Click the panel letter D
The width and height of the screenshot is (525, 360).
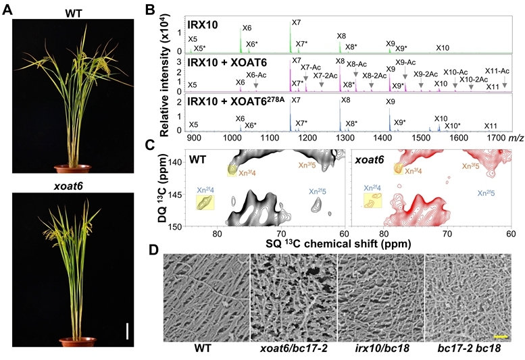point(153,249)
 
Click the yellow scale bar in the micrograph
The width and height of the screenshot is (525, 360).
point(500,335)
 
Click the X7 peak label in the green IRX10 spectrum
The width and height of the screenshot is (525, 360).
point(296,23)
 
